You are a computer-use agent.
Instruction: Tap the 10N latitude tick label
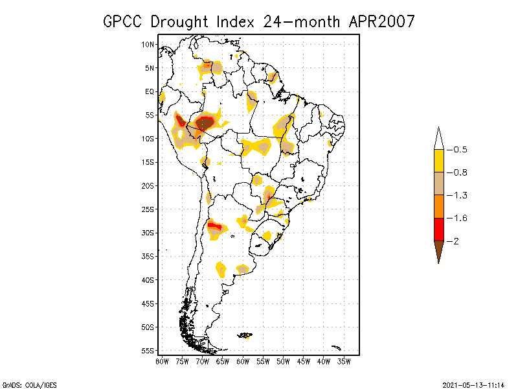148,44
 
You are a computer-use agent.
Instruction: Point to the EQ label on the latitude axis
150,91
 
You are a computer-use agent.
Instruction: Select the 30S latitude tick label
148,233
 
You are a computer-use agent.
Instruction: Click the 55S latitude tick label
148,350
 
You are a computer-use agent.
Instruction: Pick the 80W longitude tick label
162,361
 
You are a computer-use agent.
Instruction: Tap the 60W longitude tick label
243,361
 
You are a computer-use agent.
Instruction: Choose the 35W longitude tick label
344,361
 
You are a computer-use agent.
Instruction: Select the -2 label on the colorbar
455,241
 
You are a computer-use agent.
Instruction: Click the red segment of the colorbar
439,229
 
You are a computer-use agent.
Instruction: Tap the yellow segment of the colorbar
439,161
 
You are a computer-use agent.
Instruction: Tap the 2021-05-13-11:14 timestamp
473,384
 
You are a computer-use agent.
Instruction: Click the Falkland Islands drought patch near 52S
245,335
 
